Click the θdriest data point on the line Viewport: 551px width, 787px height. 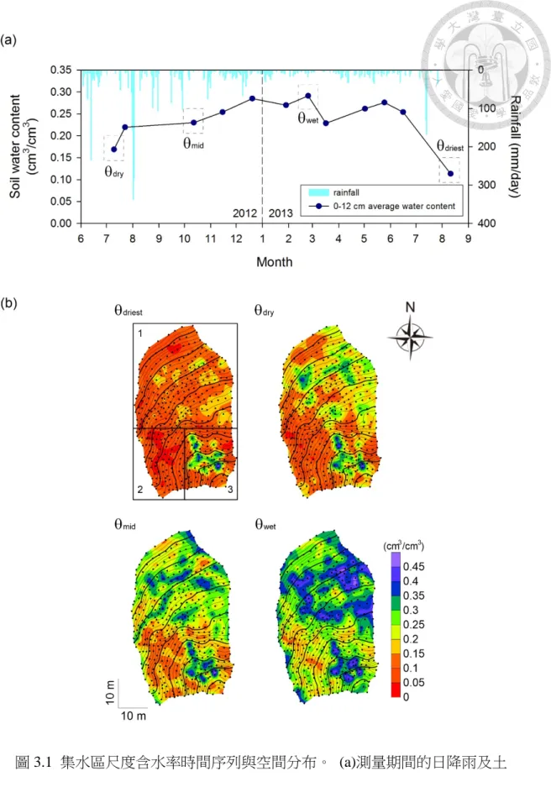450,174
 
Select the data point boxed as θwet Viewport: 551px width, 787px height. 308,96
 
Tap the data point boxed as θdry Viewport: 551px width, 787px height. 114,149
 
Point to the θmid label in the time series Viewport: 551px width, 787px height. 193,144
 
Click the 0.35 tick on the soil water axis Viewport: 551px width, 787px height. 60,70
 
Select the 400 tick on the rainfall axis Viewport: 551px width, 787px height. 487,223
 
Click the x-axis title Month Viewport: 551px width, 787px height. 275,262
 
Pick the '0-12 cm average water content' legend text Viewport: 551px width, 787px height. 395,207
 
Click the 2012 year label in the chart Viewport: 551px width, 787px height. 245,213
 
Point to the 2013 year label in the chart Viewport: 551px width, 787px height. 281,213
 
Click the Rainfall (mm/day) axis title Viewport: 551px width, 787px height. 514,146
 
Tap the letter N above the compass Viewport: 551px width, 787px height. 410,307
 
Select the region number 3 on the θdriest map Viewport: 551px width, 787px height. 230,490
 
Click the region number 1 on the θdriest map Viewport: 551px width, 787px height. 140,333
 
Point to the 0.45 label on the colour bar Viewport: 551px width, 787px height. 413,567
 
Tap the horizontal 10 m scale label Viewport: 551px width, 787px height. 134,716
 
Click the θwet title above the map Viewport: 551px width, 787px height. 265,524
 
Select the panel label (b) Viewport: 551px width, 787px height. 9,304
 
